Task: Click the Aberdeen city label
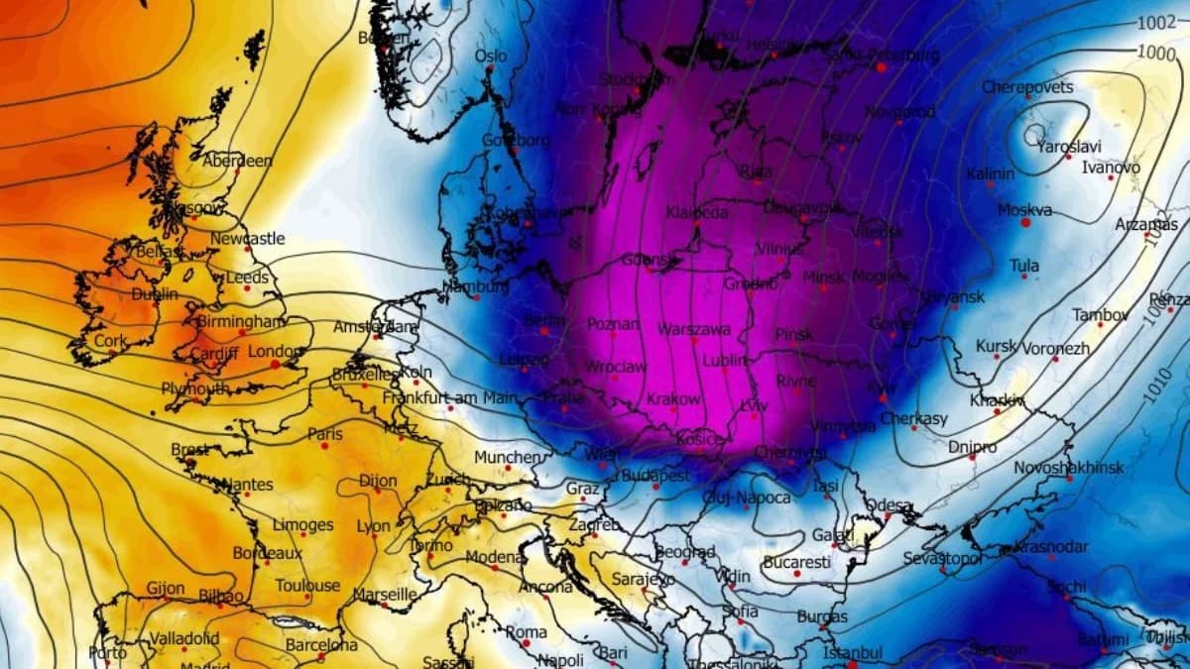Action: coord(237,161)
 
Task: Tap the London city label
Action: coord(272,351)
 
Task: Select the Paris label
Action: coord(325,434)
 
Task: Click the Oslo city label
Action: coord(491,56)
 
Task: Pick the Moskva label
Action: coord(1024,210)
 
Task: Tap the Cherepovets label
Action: coord(1027,87)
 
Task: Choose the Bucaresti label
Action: coord(796,562)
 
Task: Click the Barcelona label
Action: coord(321,645)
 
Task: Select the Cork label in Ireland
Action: coord(110,340)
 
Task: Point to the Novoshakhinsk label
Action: coord(1068,467)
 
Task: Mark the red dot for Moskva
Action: coord(1025,223)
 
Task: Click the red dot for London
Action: coord(275,365)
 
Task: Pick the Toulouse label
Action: coord(307,585)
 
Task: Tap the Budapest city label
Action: coord(655,476)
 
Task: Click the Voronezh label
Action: coord(1055,349)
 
